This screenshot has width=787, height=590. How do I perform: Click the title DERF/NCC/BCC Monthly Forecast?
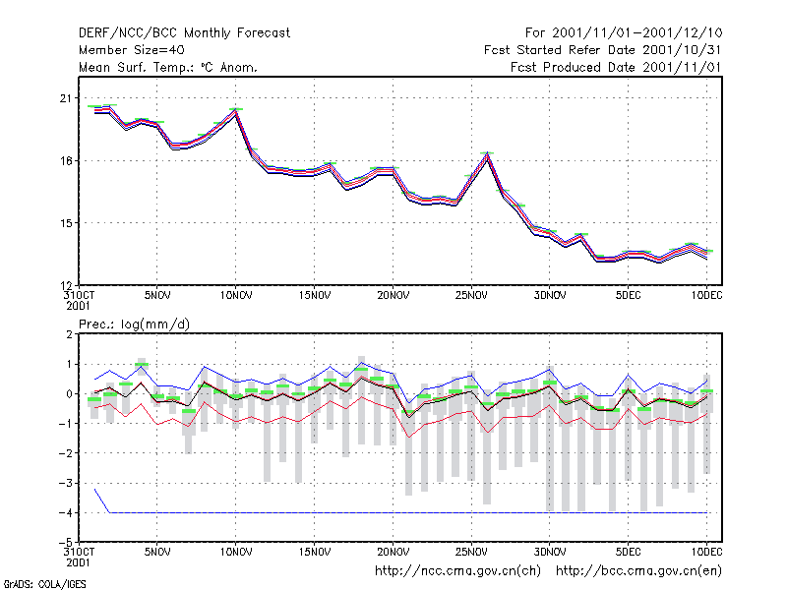click(184, 33)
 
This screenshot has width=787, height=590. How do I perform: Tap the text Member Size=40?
click(132, 50)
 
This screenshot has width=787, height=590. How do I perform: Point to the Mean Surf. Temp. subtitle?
click(167, 67)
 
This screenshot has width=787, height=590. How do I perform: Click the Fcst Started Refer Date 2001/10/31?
click(602, 50)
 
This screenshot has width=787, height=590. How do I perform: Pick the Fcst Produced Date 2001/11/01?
click(616, 67)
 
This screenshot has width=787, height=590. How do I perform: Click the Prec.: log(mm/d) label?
click(134, 324)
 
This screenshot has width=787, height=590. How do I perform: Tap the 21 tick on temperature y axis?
click(66, 98)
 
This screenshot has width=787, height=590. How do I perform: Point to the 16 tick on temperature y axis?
click(66, 161)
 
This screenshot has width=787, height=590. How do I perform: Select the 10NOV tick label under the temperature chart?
click(236, 295)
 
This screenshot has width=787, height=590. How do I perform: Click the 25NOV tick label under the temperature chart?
click(471, 295)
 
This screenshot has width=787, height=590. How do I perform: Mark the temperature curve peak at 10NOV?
click(235, 110)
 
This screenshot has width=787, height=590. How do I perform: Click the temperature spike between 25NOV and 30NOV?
click(486, 154)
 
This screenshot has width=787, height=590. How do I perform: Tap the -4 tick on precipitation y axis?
click(66, 512)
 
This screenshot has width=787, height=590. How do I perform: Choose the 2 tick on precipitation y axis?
click(69, 334)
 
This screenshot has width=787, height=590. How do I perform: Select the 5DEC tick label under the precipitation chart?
click(628, 552)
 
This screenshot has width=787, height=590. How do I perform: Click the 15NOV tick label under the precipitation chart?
click(315, 552)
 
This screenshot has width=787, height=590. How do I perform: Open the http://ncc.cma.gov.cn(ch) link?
click(457, 571)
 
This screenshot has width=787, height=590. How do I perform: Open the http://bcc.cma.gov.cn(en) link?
click(638, 571)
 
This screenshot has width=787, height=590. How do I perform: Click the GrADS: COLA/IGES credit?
click(44, 584)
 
